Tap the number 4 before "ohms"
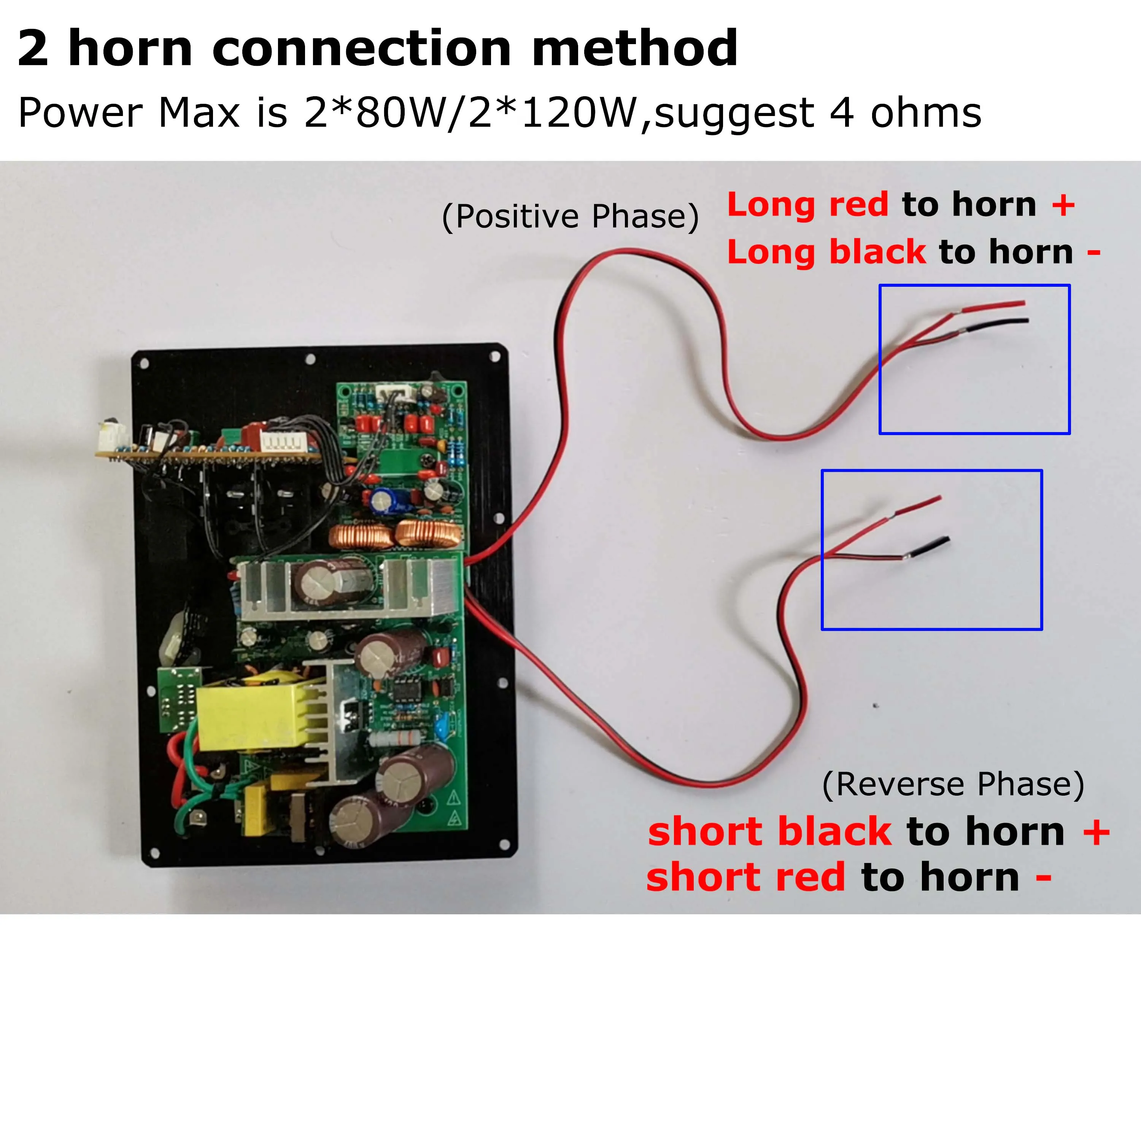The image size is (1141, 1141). click(x=842, y=113)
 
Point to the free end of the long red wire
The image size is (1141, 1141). click(x=1023, y=304)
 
